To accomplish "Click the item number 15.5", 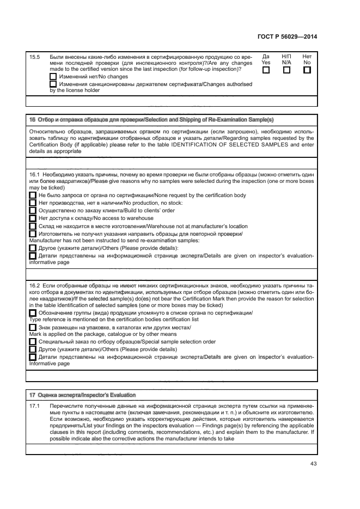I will pyautogui.click(x=34, y=57).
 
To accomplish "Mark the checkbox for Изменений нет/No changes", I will pyautogui.click(x=53, y=77).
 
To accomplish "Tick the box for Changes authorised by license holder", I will pyautogui.click(x=53, y=84).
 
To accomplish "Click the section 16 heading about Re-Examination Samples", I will pyautogui.click(x=151, y=119).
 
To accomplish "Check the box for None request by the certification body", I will pyautogui.click(x=32, y=195).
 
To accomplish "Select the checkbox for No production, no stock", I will pyautogui.click(x=32, y=203).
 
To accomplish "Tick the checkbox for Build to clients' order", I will pyautogui.click(x=32, y=210).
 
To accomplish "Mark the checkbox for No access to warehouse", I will pyautogui.click(x=32, y=218).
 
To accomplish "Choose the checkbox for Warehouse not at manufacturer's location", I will pyautogui.click(x=32, y=225).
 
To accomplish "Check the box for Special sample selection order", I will pyautogui.click(x=32, y=342).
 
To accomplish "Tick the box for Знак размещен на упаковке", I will pyautogui.click(x=32, y=327).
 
